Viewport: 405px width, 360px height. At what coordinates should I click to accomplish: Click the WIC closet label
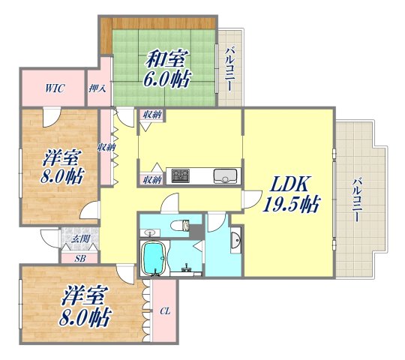[55, 88]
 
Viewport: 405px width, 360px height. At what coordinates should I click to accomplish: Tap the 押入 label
[97, 88]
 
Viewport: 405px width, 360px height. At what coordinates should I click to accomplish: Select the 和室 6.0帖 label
[167, 68]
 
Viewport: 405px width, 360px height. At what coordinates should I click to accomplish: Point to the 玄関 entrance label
[80, 239]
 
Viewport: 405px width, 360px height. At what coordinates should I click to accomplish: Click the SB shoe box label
[79, 259]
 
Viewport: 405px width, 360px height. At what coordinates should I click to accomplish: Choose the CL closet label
[165, 311]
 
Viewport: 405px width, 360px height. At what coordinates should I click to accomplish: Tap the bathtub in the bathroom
[154, 258]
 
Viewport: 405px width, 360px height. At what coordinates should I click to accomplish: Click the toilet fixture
[180, 225]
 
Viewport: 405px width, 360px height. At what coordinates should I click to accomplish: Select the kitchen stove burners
[181, 175]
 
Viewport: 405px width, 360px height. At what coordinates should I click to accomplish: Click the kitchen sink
[225, 175]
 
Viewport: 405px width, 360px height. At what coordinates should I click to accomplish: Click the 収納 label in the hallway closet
[106, 148]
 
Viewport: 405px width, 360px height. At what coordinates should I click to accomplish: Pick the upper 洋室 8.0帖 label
[61, 166]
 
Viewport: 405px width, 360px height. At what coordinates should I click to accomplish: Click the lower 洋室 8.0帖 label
[85, 307]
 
